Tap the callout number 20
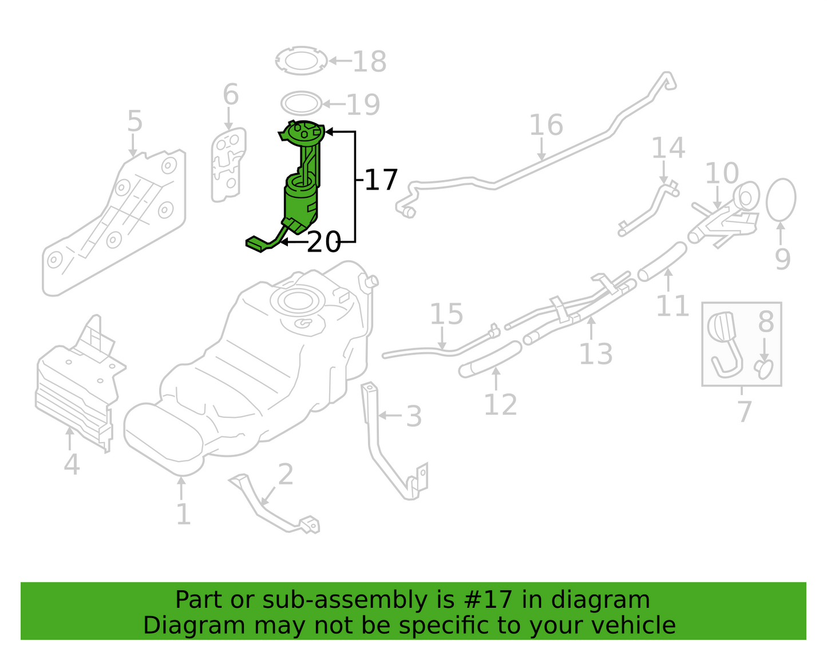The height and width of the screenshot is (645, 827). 323,242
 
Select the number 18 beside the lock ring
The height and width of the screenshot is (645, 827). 370,61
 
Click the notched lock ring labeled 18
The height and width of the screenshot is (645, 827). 302,61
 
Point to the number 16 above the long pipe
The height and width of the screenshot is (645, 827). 546,125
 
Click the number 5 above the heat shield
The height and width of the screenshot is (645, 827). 134,121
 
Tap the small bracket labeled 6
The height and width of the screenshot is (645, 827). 228,165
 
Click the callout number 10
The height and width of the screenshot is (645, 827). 722,173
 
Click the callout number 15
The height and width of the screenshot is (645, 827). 446,313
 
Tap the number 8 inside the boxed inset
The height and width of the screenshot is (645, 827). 766,321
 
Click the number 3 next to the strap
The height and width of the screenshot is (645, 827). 414,416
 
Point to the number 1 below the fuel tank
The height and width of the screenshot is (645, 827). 184,514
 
